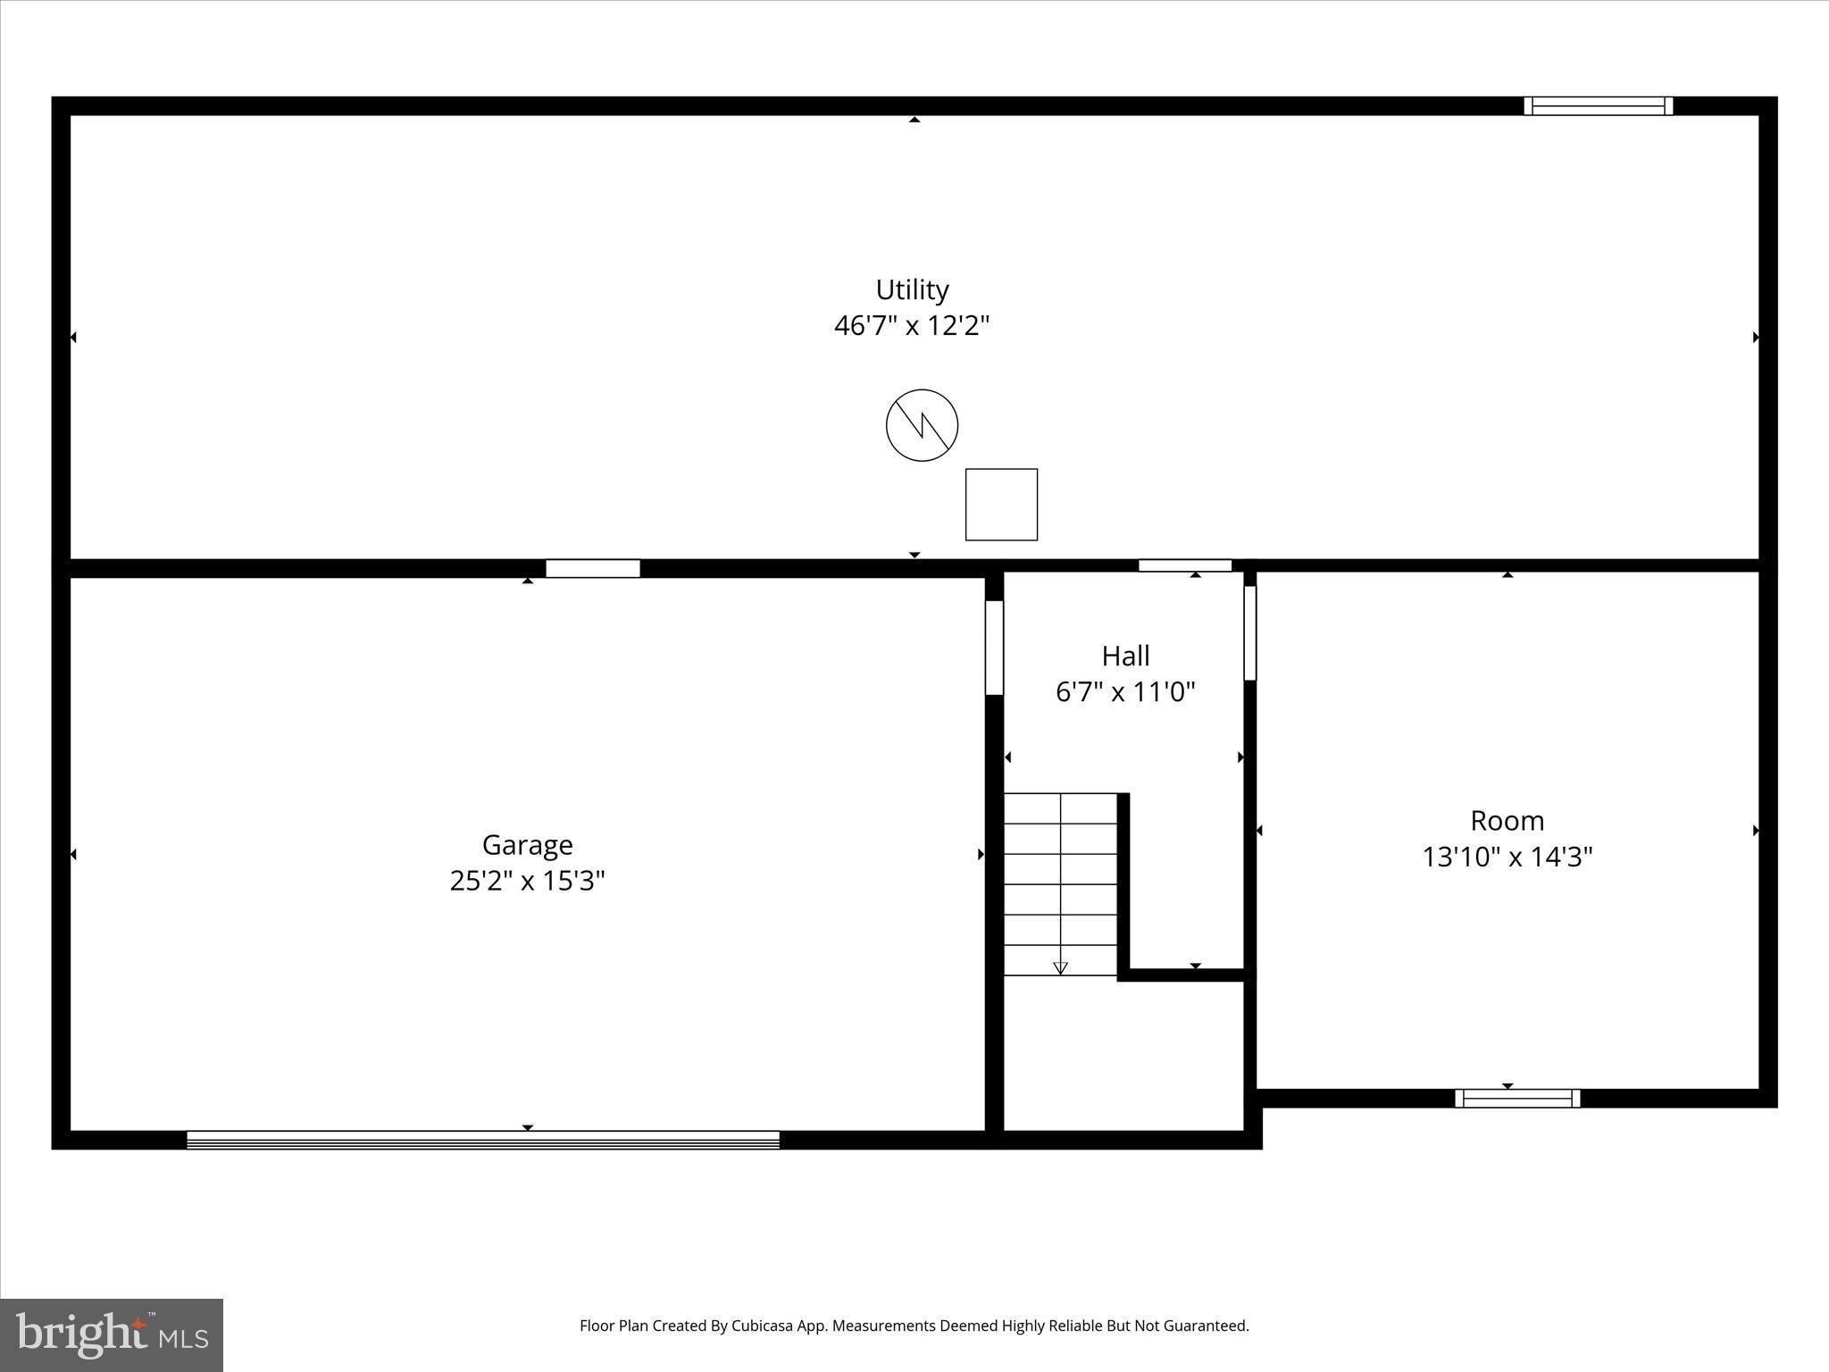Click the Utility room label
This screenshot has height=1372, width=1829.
coord(912,290)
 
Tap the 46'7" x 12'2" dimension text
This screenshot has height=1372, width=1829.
coord(912,326)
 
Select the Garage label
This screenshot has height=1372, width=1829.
coord(527,845)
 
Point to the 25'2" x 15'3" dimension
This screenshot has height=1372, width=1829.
coord(527,882)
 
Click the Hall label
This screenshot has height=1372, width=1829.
coord(1125,657)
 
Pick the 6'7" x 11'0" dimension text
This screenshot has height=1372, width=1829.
coord(1125,692)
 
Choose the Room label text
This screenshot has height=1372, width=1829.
coord(1507,821)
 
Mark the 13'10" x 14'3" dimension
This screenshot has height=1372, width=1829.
coord(1507,857)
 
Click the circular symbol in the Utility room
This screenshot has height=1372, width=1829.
coord(922,425)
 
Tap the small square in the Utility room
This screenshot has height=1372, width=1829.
coord(1001,505)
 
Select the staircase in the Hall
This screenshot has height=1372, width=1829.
coord(1061,884)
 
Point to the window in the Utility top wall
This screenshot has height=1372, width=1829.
coord(1598,106)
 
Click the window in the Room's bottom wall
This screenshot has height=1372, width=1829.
coord(1517,1099)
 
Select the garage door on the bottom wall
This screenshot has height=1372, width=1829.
coord(482,1140)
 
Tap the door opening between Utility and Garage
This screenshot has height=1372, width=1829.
coord(593,569)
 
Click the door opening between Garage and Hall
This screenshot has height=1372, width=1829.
coord(994,648)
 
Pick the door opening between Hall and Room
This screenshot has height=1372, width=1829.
coord(1249,633)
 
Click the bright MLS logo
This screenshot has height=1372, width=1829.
coord(112,1334)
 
